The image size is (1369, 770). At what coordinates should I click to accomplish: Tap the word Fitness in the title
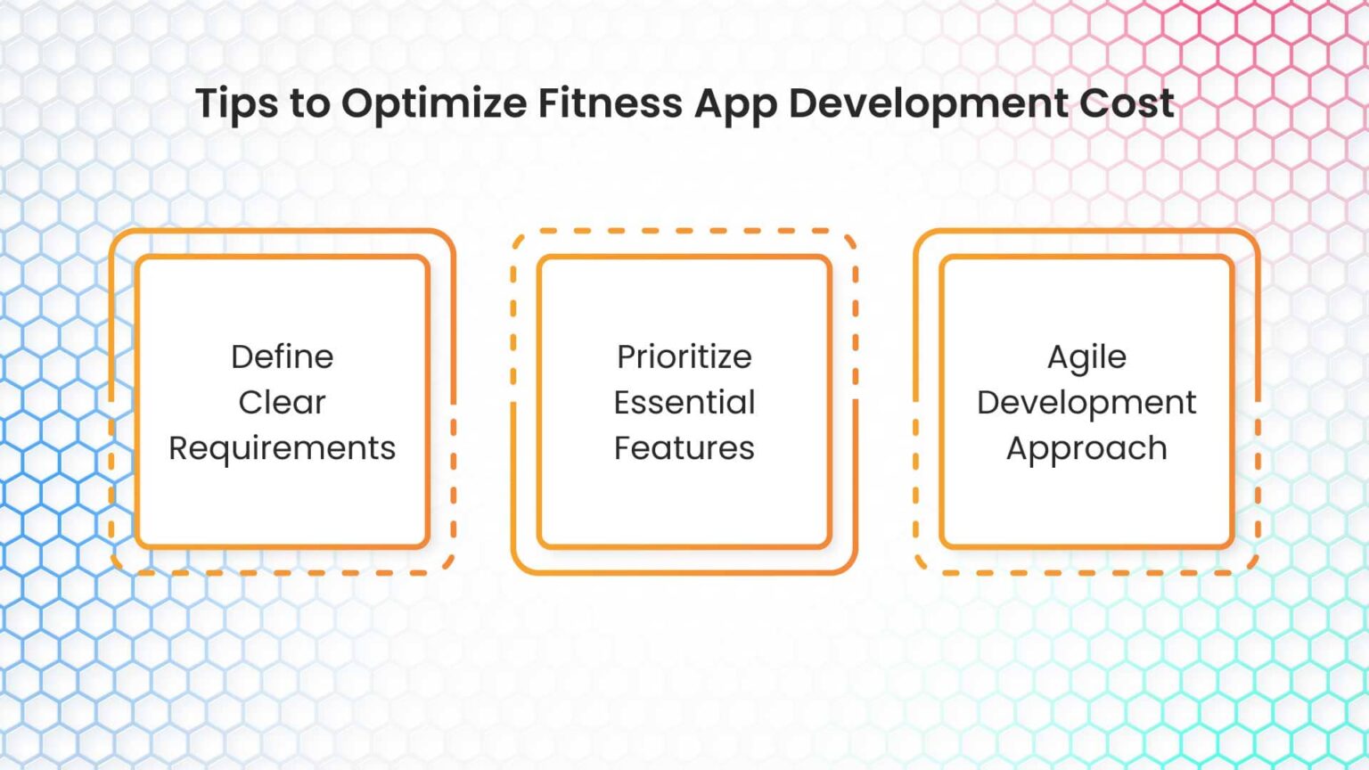610,103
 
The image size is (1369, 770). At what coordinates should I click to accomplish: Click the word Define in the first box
282,356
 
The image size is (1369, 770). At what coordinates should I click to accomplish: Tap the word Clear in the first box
282,402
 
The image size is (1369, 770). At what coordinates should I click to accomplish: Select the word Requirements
282,448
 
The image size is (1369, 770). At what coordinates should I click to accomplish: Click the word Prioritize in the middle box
684,356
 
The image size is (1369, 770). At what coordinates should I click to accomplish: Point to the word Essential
684,402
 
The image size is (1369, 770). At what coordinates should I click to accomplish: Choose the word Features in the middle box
684,448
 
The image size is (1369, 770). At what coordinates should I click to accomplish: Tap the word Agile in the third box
1086,356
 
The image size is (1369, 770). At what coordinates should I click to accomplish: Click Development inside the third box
1086,402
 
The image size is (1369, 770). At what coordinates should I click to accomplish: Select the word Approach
1086,448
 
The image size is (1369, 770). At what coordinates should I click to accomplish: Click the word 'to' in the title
309,103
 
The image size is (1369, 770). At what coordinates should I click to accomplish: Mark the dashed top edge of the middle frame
684,231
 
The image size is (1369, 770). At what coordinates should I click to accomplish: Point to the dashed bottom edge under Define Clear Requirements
282,572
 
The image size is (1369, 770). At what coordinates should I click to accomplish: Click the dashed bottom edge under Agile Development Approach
1086,572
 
